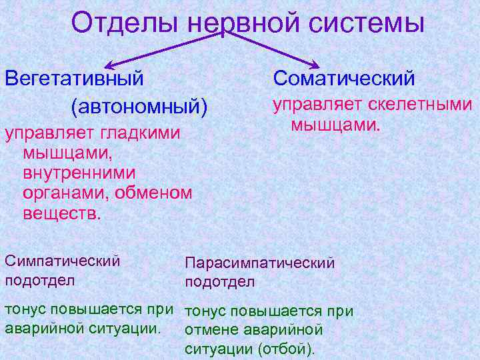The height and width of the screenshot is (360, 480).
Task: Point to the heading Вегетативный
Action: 74,78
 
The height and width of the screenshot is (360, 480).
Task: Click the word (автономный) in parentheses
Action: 139,106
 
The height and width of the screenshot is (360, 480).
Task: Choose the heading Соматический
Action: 344,78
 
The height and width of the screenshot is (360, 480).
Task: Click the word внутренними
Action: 79,173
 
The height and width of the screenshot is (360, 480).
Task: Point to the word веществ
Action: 63,214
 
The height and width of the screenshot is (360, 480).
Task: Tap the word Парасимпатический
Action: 259,263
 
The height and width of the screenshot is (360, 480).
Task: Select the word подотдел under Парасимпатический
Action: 219,281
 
